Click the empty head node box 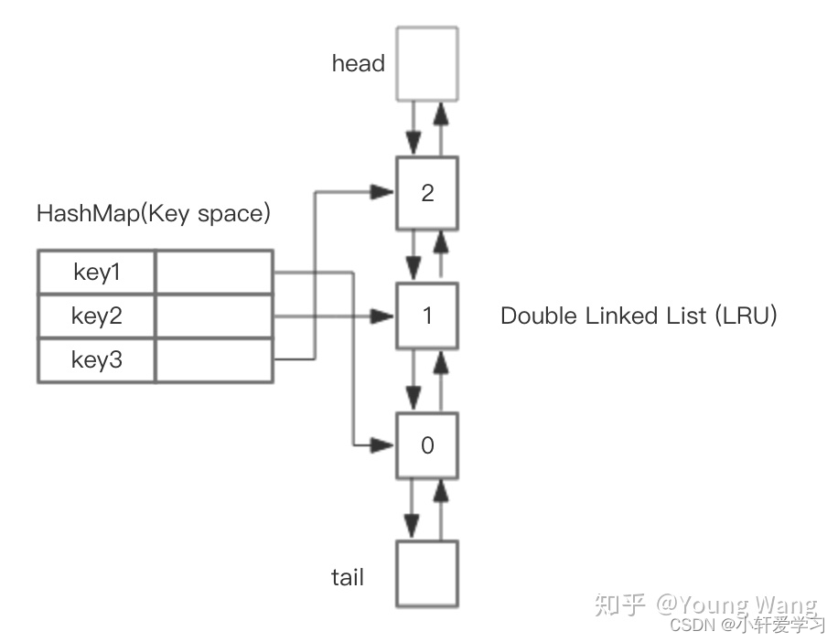pyautogui.click(x=427, y=63)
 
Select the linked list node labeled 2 pyautogui.click(x=427, y=193)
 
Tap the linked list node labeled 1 pyautogui.click(x=427, y=316)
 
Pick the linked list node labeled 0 pyautogui.click(x=427, y=445)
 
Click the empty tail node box pyautogui.click(x=427, y=574)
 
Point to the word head pyautogui.click(x=359, y=64)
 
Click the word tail pyautogui.click(x=348, y=577)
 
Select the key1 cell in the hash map pyautogui.click(x=96, y=273)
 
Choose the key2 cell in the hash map pyautogui.click(x=96, y=316)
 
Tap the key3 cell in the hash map pyautogui.click(x=96, y=360)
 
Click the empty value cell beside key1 pyautogui.click(x=214, y=273)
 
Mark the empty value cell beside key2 pyautogui.click(x=214, y=316)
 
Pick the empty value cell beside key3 pyautogui.click(x=214, y=360)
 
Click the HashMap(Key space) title pyautogui.click(x=154, y=214)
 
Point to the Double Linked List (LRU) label pyautogui.click(x=639, y=316)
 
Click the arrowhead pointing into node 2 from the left pyautogui.click(x=382, y=192)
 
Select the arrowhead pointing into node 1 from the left pyautogui.click(x=382, y=316)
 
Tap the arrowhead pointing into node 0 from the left pyautogui.click(x=382, y=445)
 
